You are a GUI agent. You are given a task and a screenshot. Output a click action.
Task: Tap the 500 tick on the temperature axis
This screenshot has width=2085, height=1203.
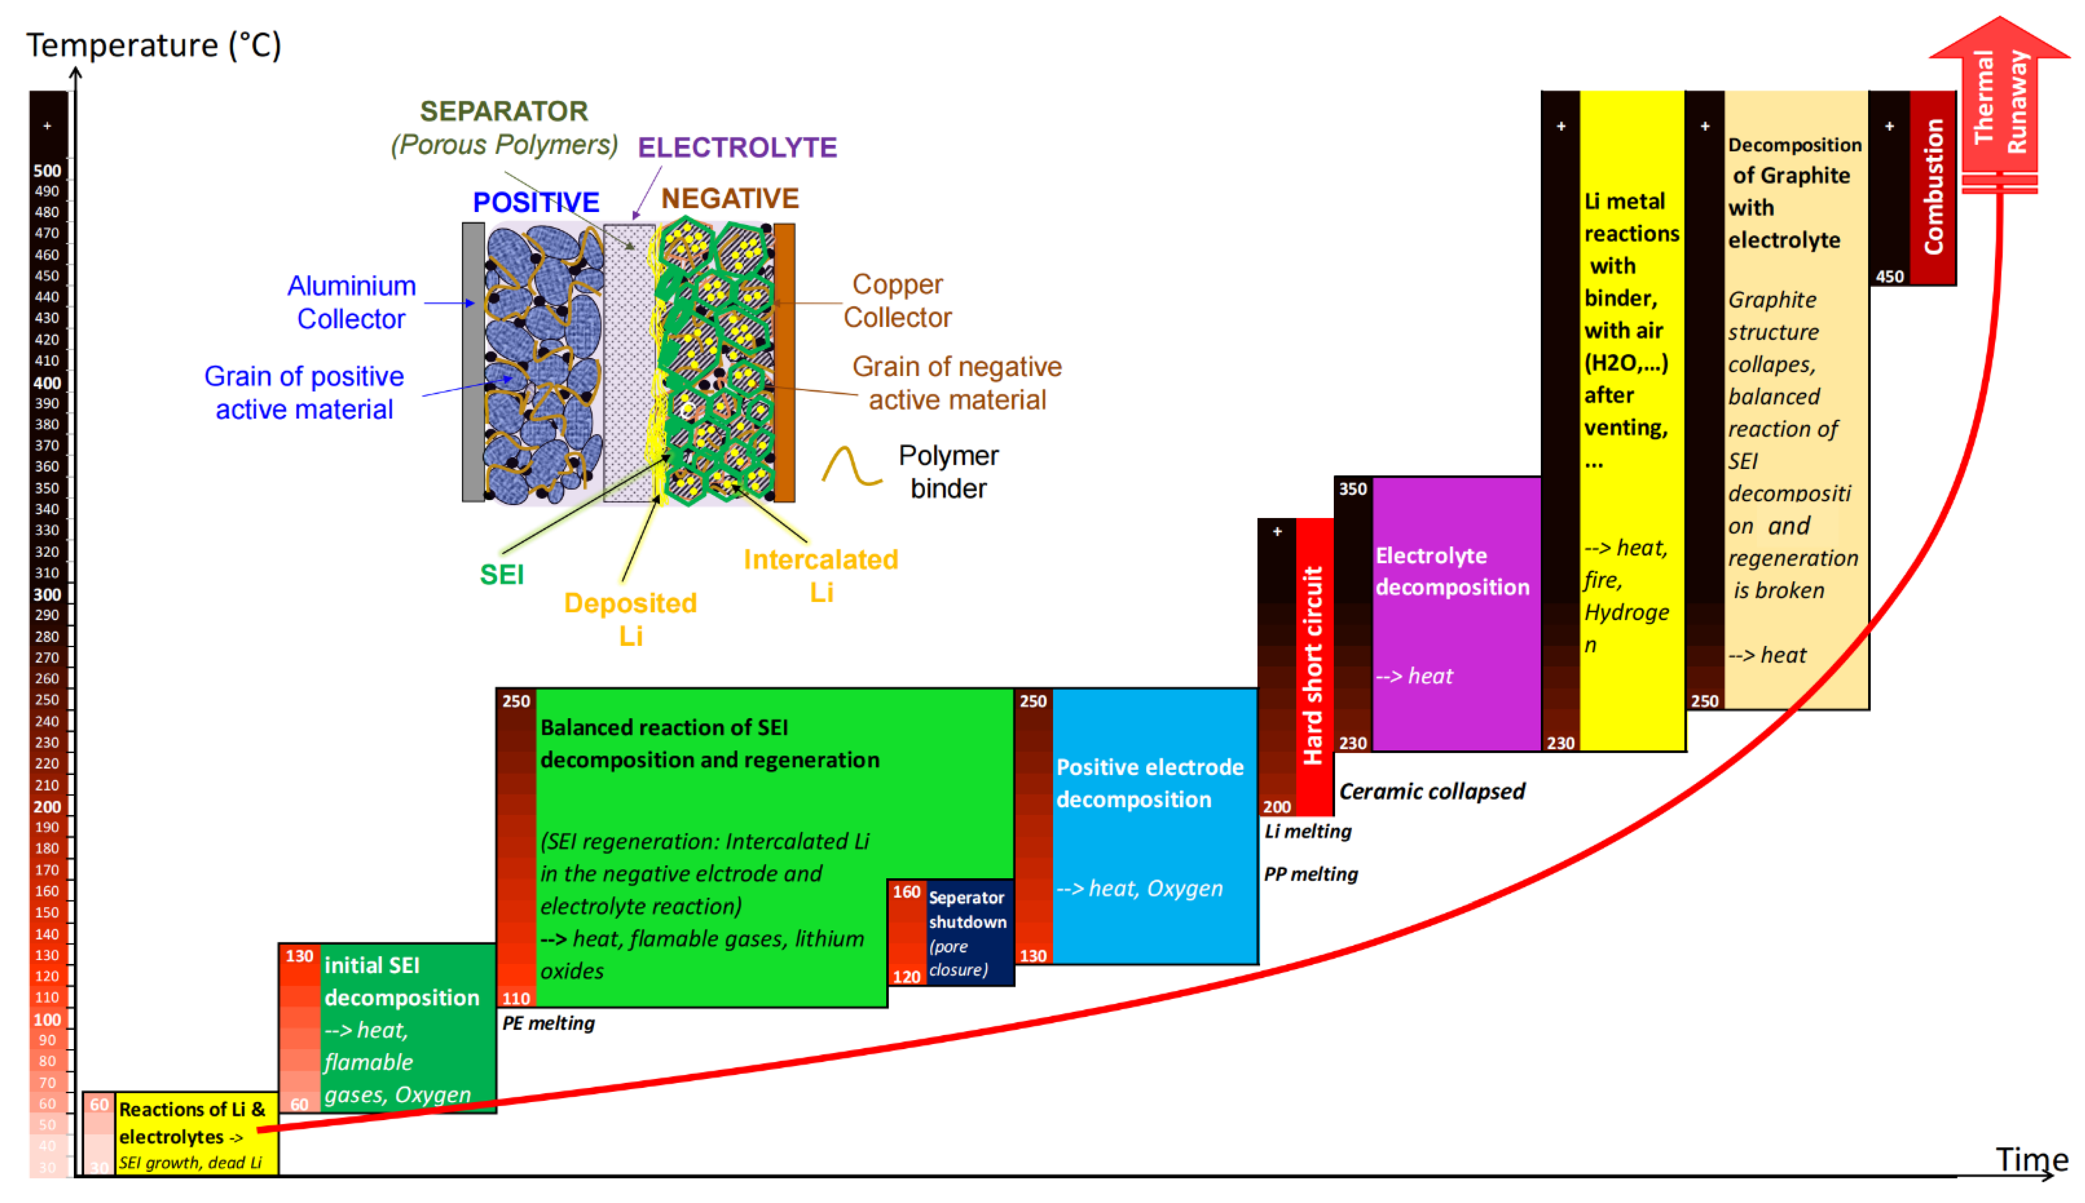[x=47, y=171]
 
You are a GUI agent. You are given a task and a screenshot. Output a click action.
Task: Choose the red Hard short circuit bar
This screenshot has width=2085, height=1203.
[x=1314, y=665]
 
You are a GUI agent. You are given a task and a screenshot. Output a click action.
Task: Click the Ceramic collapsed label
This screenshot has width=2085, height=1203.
[x=1431, y=792]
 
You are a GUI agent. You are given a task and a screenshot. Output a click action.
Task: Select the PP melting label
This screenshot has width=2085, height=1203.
[x=1311, y=874]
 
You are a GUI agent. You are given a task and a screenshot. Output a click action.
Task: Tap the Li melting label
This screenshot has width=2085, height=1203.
[x=1307, y=831]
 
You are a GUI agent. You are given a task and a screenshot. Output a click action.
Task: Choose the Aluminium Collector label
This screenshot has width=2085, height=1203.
[x=351, y=303]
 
